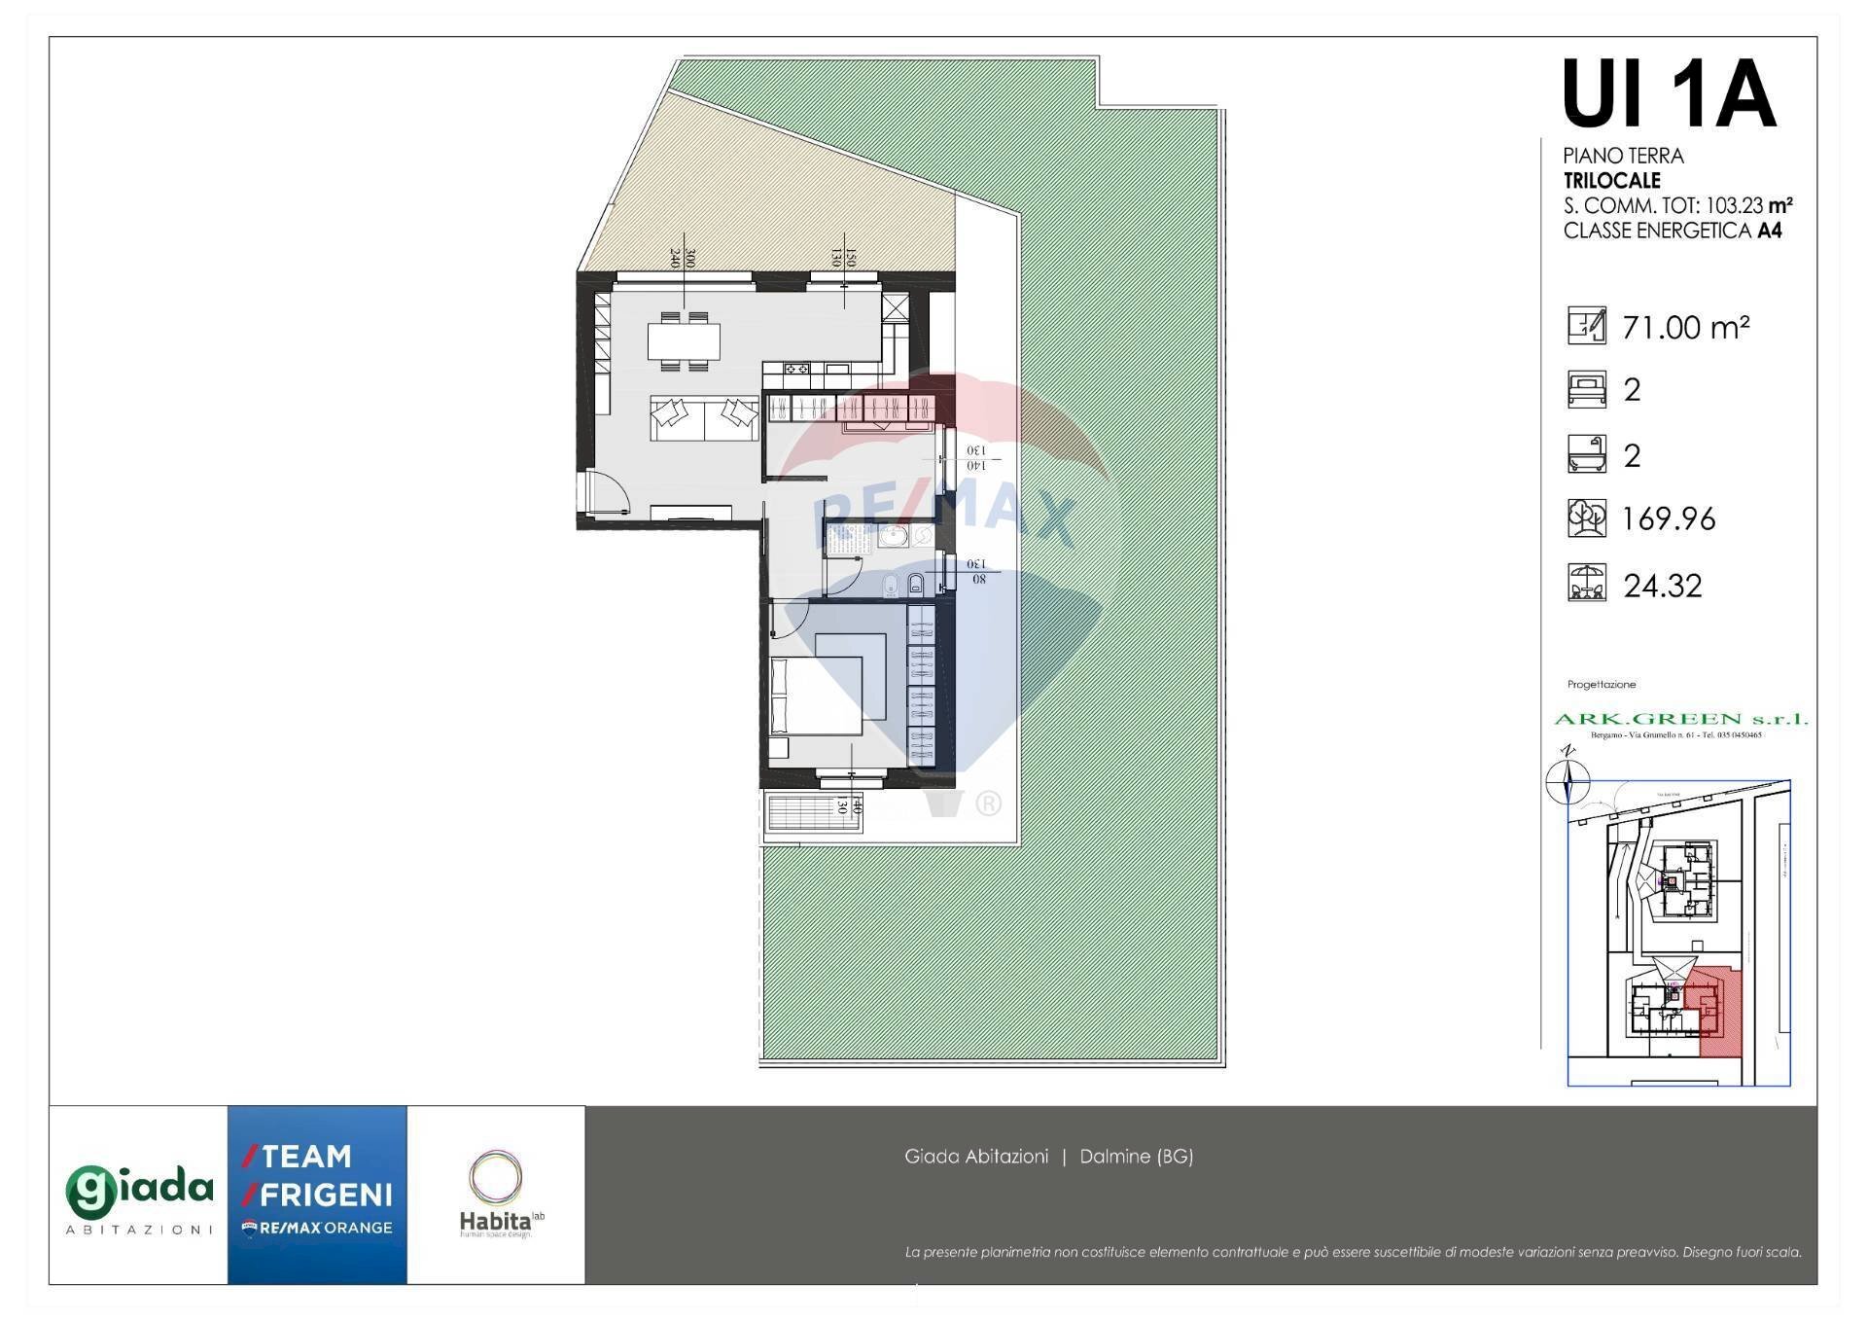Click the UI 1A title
pos(1669,95)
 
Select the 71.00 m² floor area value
pos(1686,328)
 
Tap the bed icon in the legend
pos(1586,389)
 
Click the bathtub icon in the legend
pos(1586,454)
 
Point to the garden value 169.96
pos(1669,519)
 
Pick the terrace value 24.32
pos(1663,586)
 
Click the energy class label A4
pos(1769,232)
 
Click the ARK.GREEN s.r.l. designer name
pos(1680,719)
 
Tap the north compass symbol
pos(1567,779)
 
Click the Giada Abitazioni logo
pos(138,1196)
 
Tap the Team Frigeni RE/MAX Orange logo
pos(317,1194)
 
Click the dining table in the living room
pos(684,341)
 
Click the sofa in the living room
pos(704,418)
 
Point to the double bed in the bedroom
pos(816,696)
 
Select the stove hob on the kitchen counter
pos(797,369)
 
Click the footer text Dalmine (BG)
pos(1136,1157)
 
